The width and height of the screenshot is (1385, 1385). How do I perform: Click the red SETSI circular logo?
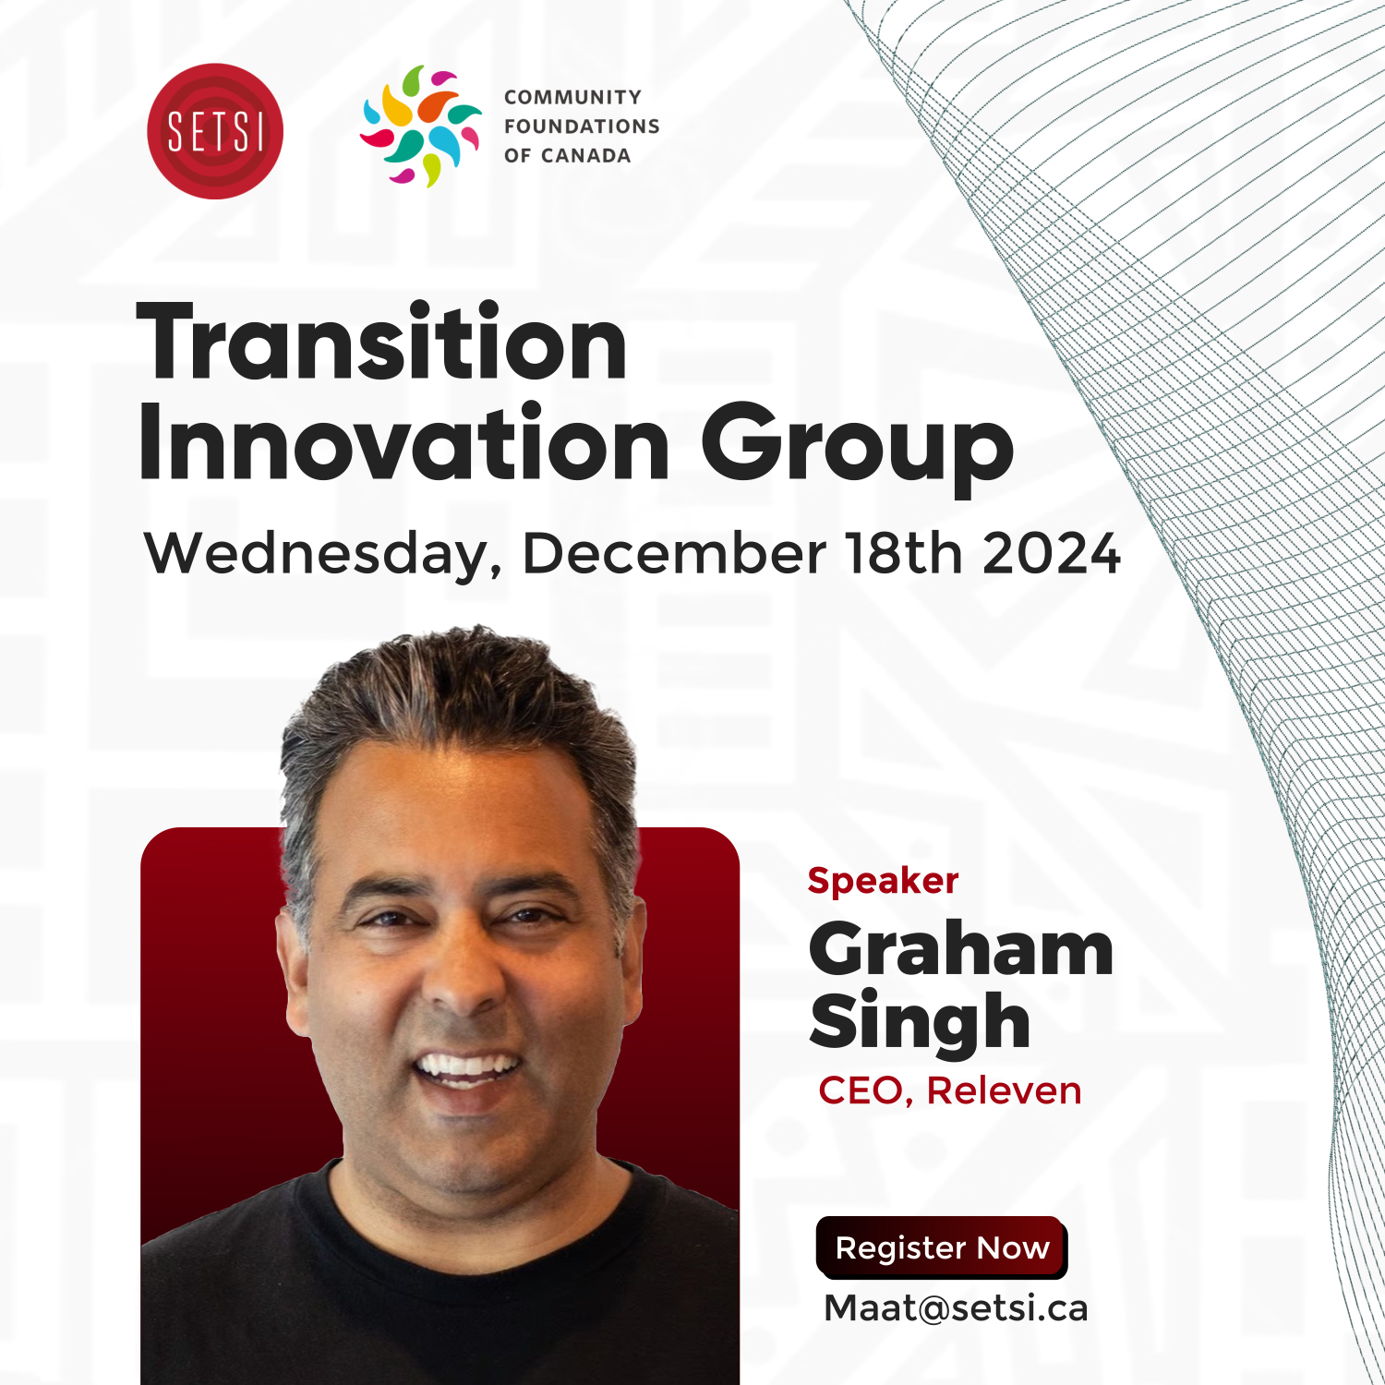coord(215,131)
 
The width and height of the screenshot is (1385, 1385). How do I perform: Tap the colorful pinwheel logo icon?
coord(421,126)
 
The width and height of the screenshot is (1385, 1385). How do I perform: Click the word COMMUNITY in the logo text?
coord(572,97)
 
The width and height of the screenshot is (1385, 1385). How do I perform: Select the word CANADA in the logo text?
coord(586,156)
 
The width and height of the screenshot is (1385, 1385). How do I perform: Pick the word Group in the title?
coord(858,450)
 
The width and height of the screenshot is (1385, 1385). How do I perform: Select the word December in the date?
coord(674,553)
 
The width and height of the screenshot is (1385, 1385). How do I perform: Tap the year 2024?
coord(1052,554)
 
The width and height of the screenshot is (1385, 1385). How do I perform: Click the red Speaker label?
coord(883,882)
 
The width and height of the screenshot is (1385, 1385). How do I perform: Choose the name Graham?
coord(961,952)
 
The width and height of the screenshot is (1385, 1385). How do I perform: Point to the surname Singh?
coord(920,1023)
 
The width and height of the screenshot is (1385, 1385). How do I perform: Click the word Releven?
coord(1004,1090)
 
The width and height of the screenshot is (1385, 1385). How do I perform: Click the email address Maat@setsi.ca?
coord(956,1308)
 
